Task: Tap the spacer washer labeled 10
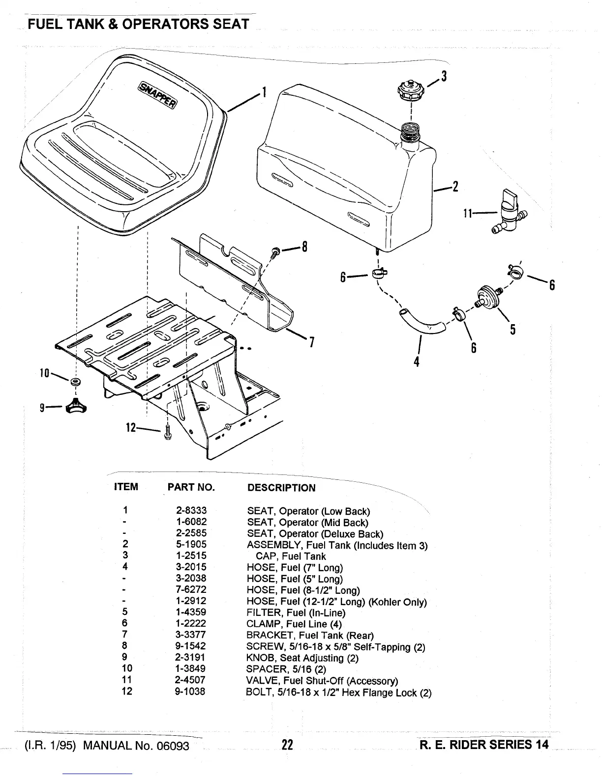tap(76, 382)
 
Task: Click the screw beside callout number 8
tap(273, 252)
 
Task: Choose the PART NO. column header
tap(191, 487)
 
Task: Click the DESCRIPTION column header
tap(281, 488)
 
